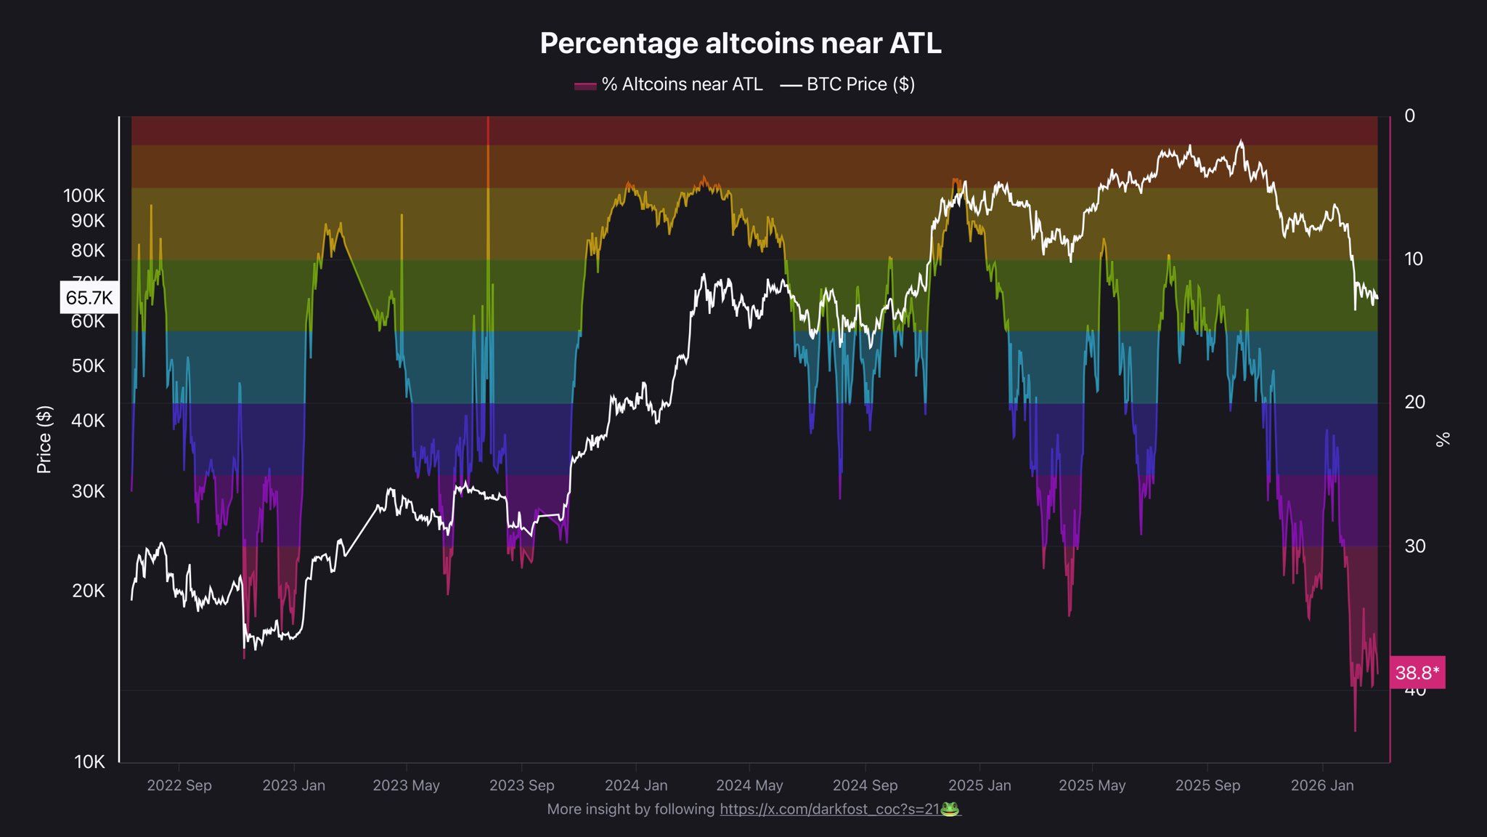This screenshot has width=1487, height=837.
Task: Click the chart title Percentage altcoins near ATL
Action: click(741, 44)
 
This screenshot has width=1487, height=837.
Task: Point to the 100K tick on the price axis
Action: click(84, 195)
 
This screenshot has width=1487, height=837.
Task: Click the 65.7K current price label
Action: click(89, 298)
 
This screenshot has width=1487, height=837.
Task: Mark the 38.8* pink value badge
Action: click(1417, 673)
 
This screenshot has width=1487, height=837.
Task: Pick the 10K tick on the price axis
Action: click(89, 762)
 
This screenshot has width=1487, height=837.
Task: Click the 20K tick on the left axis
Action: click(89, 591)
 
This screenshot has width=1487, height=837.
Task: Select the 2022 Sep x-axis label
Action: click(179, 785)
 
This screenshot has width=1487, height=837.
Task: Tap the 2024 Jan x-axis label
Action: click(636, 785)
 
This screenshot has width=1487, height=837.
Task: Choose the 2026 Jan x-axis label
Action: click(1322, 785)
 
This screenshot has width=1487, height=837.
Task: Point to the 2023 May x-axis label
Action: click(406, 785)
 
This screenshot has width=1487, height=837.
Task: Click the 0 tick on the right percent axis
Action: click(1409, 116)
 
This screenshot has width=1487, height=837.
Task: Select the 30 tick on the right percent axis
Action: click(1414, 546)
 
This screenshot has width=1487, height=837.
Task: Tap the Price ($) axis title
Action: click(44, 440)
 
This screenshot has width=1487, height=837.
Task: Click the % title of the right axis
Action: click(1443, 439)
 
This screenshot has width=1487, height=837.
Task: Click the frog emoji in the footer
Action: click(950, 809)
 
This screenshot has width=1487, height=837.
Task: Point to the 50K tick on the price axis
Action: click(89, 366)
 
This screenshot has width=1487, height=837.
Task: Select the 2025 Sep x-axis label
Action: click(1207, 785)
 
